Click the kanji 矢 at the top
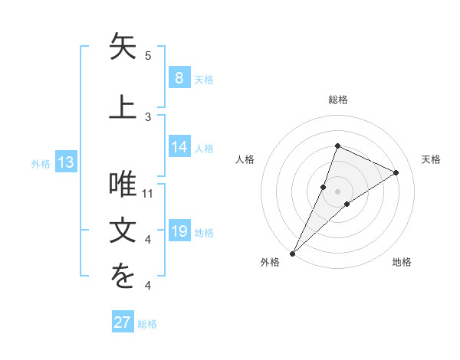(x=123, y=47)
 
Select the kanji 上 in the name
(x=123, y=107)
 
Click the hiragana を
(x=123, y=278)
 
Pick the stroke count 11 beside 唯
(x=148, y=193)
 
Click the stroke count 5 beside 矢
(x=148, y=56)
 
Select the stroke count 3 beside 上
(x=148, y=116)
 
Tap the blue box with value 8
(x=179, y=77)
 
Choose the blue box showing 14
(x=179, y=147)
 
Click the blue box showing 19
(x=179, y=231)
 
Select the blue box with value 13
(x=65, y=162)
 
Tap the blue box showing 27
(x=122, y=322)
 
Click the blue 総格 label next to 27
(x=147, y=324)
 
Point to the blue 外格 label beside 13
(x=40, y=163)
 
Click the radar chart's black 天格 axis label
(x=432, y=159)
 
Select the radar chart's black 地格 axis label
(x=402, y=262)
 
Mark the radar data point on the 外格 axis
(x=293, y=253)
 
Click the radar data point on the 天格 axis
(x=396, y=172)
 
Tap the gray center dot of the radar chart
(x=337, y=191)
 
